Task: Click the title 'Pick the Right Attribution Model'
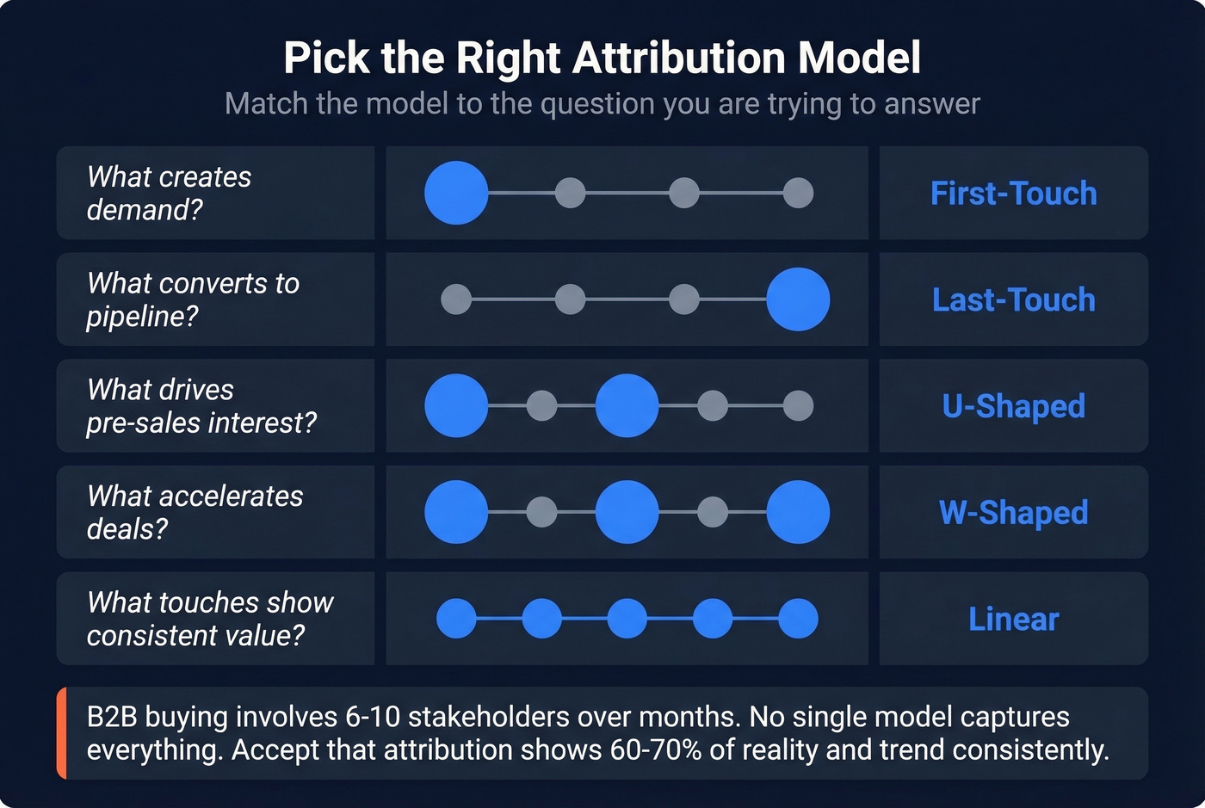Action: click(x=602, y=59)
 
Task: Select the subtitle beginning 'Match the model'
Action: click(x=602, y=104)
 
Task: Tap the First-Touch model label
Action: click(x=1013, y=194)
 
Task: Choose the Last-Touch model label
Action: click(x=1013, y=300)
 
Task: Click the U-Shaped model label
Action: click(x=1013, y=406)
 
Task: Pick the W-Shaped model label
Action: click(x=1013, y=513)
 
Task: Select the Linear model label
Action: click(x=1013, y=620)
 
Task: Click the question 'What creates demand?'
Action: click(x=169, y=194)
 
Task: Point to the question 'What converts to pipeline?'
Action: click(x=193, y=299)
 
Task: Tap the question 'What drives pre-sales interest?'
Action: click(x=201, y=406)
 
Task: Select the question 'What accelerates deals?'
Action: click(x=195, y=513)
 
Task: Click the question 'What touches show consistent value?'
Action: click(x=210, y=620)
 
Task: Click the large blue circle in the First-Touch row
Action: click(x=456, y=193)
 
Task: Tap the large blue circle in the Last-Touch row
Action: click(x=798, y=299)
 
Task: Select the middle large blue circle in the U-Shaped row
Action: click(x=627, y=405)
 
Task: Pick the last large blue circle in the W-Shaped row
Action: click(x=798, y=512)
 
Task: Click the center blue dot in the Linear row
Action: click(x=627, y=619)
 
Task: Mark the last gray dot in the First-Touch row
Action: click(x=798, y=193)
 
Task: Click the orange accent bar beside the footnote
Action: click(x=61, y=733)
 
